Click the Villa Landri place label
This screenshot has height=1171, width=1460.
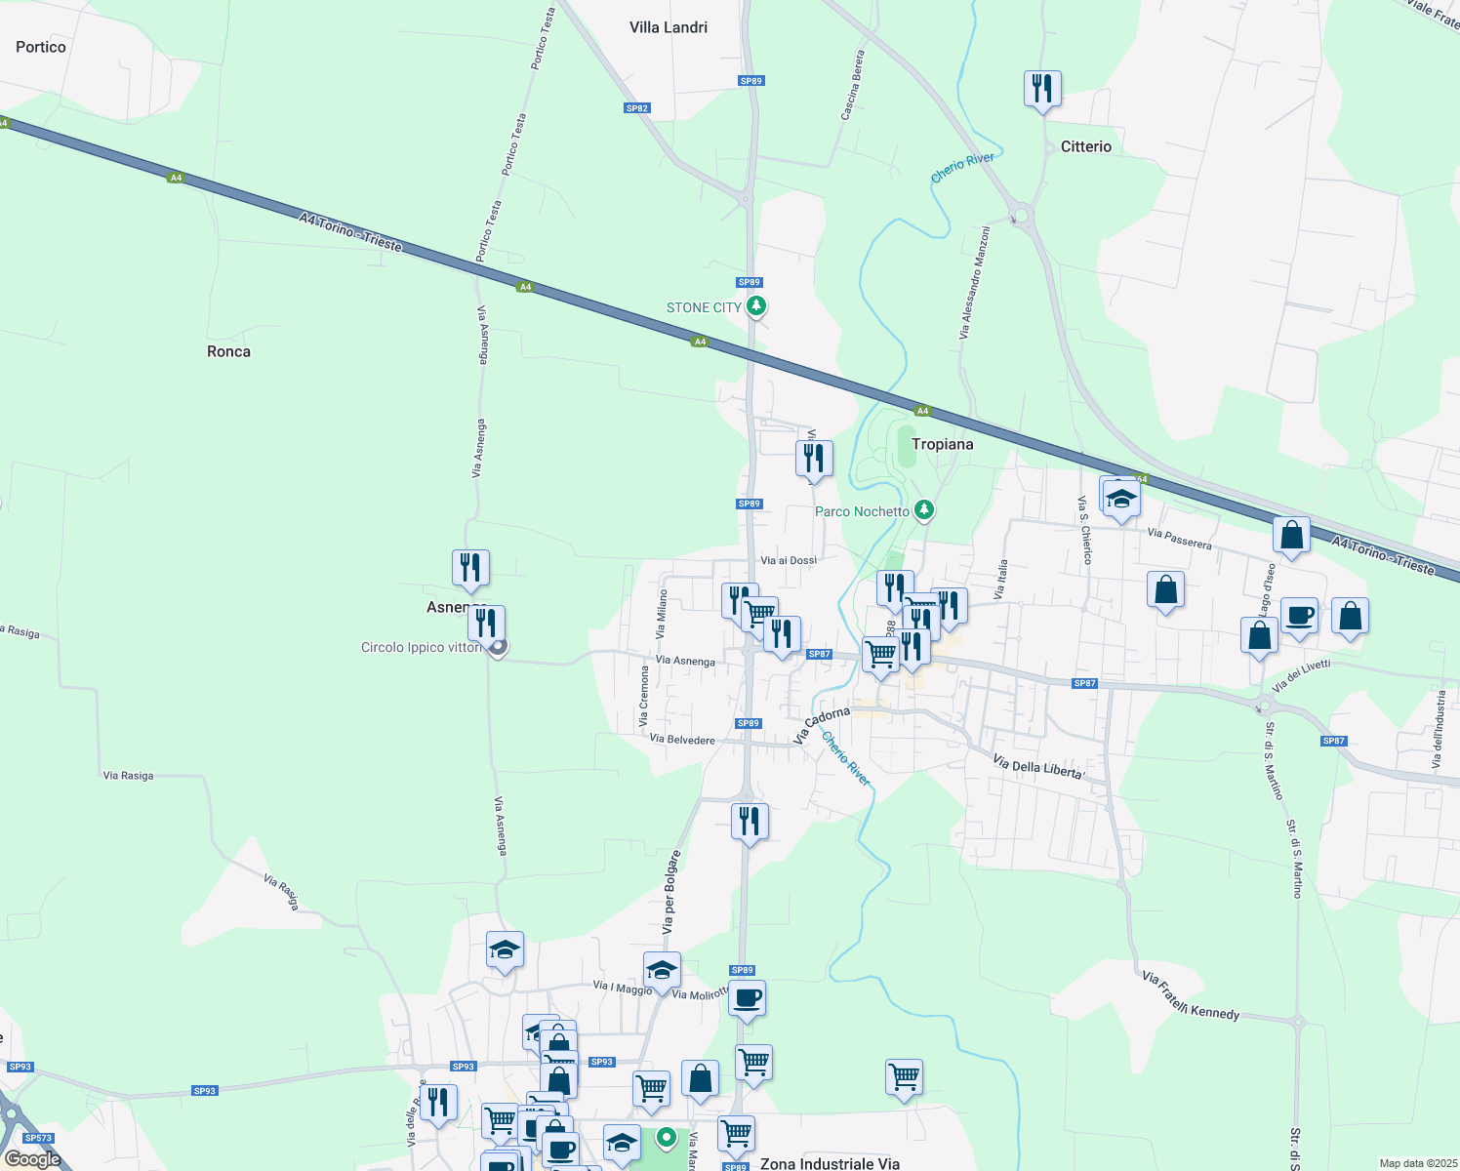669,27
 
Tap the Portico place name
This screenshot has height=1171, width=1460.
41,47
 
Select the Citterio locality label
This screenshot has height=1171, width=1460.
1085,146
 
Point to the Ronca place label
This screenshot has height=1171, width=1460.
228,351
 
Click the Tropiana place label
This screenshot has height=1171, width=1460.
942,444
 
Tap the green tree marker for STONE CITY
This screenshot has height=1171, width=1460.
755,306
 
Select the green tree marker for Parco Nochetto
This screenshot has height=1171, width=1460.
924,510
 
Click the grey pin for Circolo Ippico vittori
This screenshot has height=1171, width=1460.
498,647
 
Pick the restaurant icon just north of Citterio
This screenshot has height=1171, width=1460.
1042,89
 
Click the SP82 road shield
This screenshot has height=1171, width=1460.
637,108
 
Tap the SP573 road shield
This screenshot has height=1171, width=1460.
38,1138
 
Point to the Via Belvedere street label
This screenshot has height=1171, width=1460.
682,740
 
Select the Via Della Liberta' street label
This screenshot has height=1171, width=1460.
1038,767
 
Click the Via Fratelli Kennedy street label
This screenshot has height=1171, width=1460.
1191,996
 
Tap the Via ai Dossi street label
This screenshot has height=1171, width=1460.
789,560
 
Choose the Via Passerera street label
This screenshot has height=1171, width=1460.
1180,539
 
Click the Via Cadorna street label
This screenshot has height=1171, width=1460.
821,725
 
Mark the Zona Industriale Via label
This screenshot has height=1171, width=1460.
830,1163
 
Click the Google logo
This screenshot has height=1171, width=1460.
33,1159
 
